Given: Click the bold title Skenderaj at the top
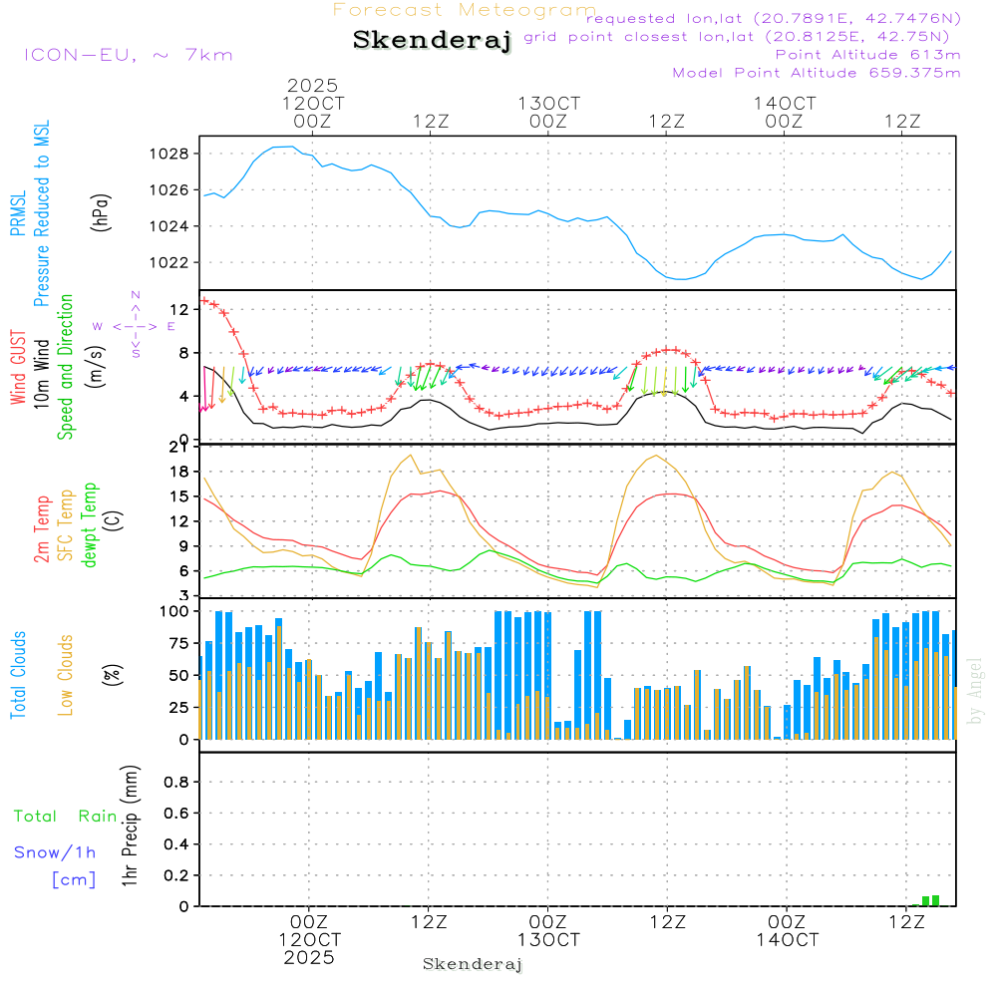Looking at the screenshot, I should (432, 41).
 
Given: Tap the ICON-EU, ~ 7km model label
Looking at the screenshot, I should (128, 55).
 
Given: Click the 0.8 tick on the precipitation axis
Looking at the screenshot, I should (175, 782).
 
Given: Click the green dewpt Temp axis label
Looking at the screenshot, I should (91, 525).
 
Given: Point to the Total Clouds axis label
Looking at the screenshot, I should (18, 675).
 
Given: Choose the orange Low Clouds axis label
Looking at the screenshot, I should (66, 675).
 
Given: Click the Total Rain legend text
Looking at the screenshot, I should (65, 816).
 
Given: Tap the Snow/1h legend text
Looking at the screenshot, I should (55, 852).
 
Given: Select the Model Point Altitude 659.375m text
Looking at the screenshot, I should (817, 73).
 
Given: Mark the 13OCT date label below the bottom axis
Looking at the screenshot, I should (547, 940).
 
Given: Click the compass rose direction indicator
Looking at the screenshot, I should (136, 325).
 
